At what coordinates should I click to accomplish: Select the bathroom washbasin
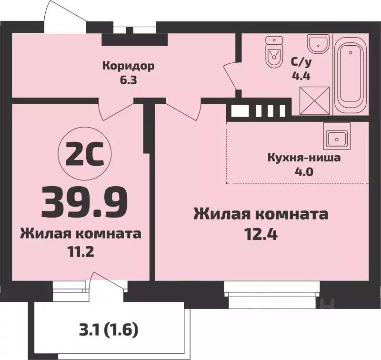pyautogui.click(x=317, y=44)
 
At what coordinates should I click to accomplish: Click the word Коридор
pyautogui.click(x=128, y=66)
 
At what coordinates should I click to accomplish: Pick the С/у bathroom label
pyautogui.click(x=300, y=62)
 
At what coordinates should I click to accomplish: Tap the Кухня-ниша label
pyautogui.click(x=304, y=158)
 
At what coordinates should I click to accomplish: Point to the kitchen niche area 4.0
pyautogui.click(x=304, y=172)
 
